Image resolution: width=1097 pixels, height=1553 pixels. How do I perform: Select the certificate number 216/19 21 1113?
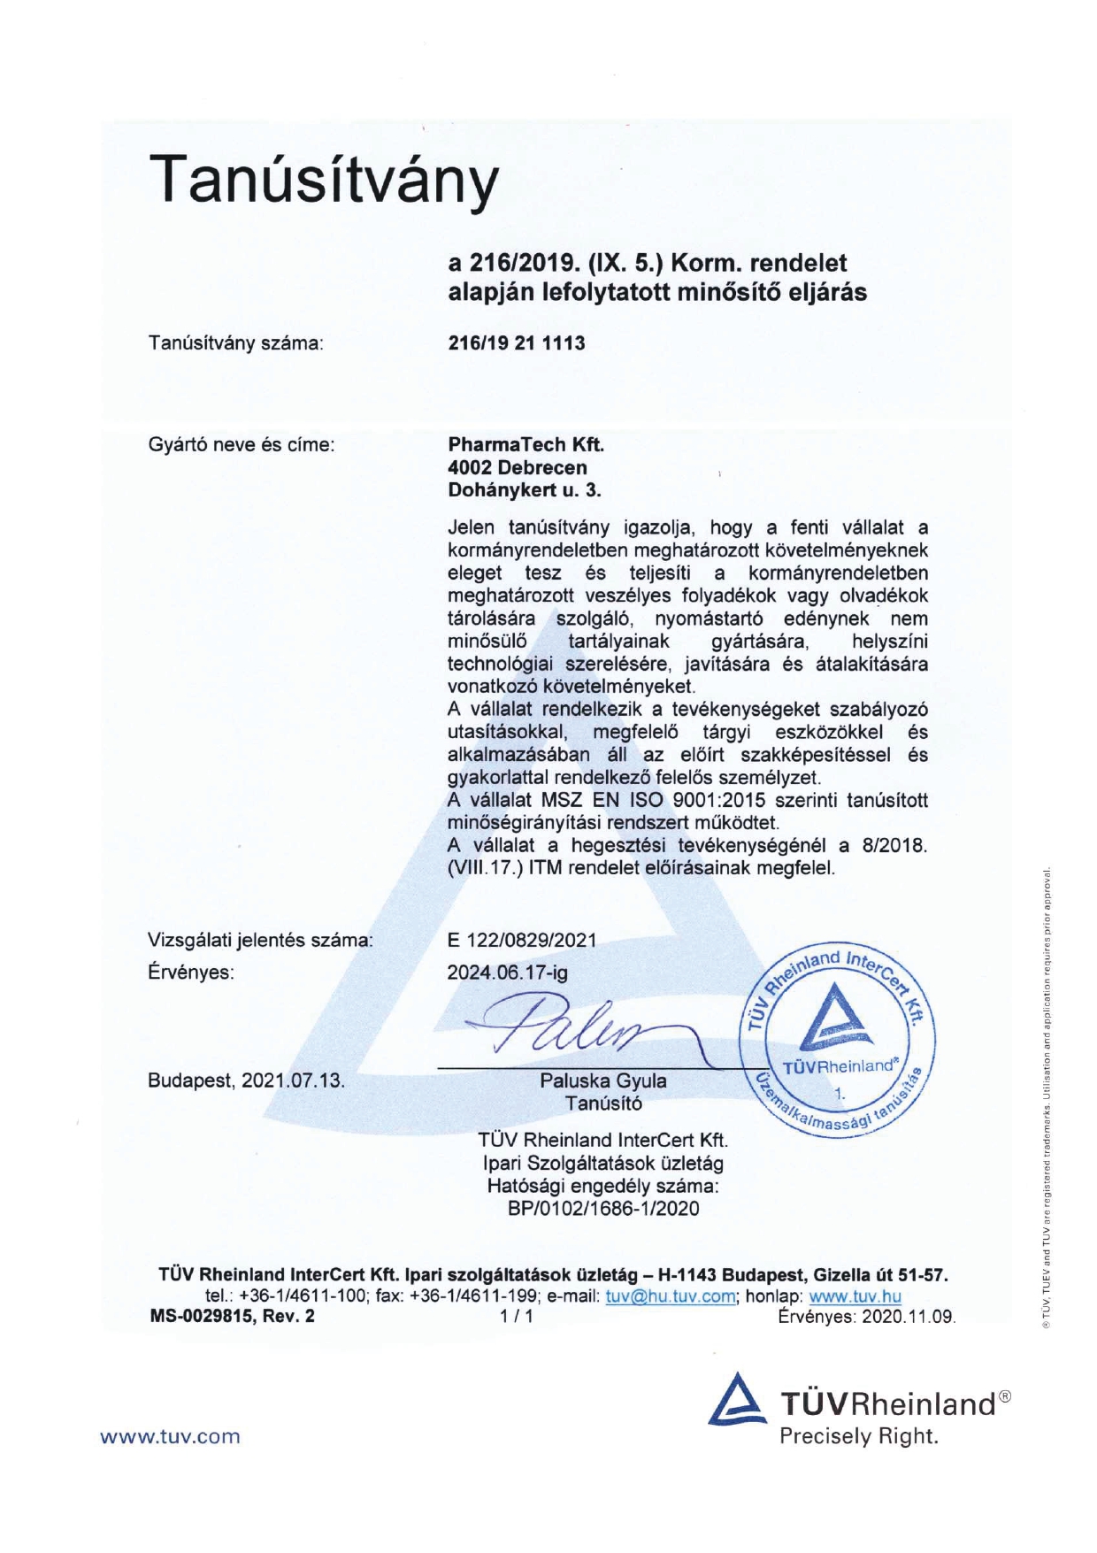517,343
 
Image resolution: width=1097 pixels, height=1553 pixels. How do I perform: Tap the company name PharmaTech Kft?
525,444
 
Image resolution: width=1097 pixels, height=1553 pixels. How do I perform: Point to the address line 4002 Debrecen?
517,467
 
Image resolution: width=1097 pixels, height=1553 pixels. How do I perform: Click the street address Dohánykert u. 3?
524,490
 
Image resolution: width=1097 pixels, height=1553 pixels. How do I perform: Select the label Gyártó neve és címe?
242,444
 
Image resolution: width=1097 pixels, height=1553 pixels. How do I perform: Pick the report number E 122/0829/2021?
522,940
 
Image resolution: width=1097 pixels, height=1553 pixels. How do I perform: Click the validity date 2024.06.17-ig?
507,973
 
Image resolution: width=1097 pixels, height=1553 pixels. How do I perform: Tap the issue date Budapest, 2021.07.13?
246,1080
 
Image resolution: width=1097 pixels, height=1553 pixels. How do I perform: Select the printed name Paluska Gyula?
603,1080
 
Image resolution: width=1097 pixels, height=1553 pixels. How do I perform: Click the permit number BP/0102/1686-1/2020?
603,1209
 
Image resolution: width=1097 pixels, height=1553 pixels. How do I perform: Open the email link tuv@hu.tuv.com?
671,1296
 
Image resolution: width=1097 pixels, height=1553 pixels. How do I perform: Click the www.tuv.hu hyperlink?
855,1296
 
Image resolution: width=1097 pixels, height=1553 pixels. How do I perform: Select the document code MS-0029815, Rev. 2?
233,1317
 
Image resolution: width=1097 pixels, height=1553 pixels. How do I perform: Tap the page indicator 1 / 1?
517,1317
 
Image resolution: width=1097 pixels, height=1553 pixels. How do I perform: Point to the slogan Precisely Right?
858,1436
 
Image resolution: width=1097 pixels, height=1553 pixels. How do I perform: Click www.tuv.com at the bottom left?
170,1437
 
